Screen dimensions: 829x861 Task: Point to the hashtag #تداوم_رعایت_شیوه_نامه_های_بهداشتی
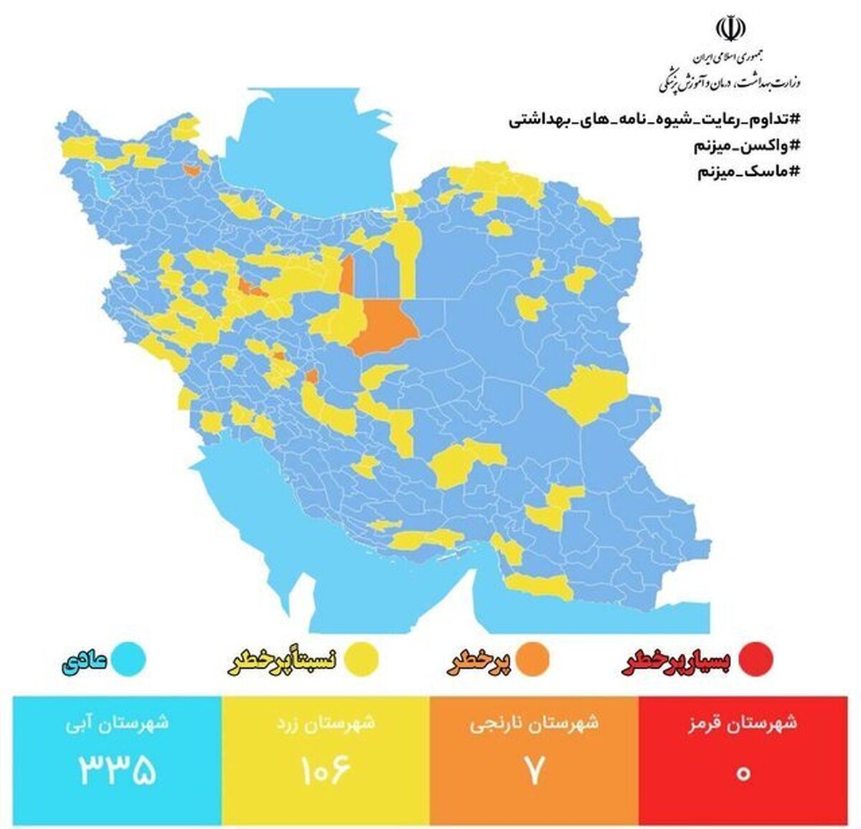point(654,119)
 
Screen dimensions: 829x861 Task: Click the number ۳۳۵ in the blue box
point(117,769)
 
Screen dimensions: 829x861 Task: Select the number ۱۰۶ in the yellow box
point(324,769)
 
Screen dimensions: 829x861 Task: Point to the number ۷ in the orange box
point(535,769)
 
